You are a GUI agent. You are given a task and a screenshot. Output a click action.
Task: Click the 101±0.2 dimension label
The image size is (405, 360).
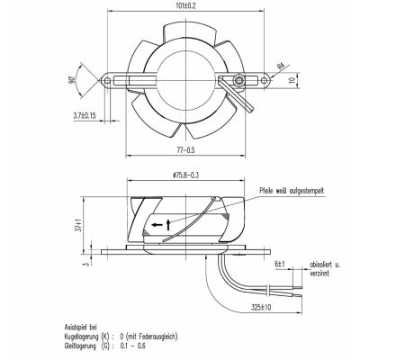[186, 6]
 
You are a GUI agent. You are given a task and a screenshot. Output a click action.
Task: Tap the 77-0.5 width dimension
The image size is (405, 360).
[185, 149]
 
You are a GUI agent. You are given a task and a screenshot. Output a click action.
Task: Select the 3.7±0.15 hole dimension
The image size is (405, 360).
[85, 115]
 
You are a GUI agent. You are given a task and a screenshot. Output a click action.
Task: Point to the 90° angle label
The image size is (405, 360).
[72, 81]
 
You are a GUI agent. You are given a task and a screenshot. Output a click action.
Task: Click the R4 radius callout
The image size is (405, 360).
[281, 67]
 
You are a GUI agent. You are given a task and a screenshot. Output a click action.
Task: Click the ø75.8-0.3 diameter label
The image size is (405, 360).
[185, 175]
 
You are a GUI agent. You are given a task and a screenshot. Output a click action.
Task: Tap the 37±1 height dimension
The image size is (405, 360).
[79, 225]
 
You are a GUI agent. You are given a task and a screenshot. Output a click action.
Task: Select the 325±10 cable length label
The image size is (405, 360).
[261, 308]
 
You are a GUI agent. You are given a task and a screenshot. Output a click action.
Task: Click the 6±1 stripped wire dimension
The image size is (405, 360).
[280, 265]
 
